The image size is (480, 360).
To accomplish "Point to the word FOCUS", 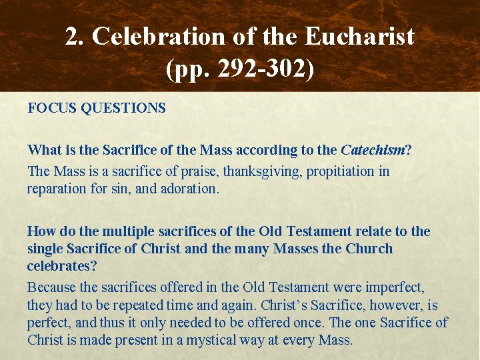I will (51, 107).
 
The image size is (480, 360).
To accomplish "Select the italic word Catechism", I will (373, 150).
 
